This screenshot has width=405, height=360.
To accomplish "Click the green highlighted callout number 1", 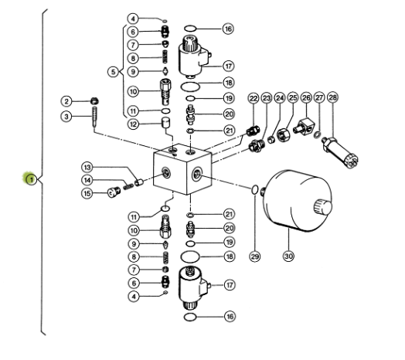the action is [32, 179].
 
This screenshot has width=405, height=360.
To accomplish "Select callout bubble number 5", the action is [113, 72].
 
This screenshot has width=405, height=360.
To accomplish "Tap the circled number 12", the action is [133, 124].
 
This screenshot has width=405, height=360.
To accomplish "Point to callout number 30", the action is [288, 256].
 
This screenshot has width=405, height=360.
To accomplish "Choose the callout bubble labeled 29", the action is [255, 256].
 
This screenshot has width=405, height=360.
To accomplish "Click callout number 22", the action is [254, 98].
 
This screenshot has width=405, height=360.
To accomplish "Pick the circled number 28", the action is [332, 97].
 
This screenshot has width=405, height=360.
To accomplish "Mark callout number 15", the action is [87, 193].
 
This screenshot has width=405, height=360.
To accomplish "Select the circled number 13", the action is [87, 168].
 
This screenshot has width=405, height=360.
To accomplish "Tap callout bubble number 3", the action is [66, 117].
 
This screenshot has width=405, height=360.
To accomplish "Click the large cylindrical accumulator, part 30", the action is [297, 201].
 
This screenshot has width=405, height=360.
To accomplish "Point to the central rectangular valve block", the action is [182, 169].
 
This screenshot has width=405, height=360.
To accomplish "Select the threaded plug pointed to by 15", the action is [114, 192].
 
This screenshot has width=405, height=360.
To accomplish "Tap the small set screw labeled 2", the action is [95, 100].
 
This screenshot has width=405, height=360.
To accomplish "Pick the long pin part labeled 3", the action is [94, 117].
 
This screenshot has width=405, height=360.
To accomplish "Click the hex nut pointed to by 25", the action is [284, 134].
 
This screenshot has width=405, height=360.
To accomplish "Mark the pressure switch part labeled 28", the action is [339, 153].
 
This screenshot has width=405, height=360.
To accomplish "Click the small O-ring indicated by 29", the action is [254, 189].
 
